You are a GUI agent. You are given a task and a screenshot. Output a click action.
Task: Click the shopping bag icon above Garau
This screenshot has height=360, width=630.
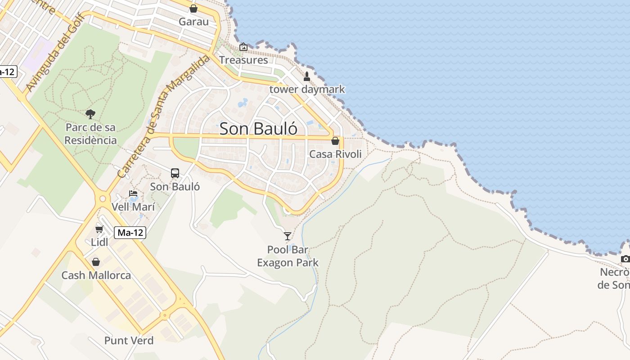193,9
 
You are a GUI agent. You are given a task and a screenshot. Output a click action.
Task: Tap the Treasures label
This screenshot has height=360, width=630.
243,60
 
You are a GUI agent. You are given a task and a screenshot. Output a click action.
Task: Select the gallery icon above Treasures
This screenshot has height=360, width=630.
243,47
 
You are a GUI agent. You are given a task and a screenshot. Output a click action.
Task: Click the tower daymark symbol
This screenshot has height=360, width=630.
307,76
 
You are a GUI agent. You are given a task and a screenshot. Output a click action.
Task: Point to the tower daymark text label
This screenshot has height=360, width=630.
307,89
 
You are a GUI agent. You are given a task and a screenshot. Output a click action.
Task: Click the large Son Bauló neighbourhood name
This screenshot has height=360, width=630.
258,129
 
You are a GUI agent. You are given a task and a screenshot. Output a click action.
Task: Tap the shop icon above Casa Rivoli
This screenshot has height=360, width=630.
335,141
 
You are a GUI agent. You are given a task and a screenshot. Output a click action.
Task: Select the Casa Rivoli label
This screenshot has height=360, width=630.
335,154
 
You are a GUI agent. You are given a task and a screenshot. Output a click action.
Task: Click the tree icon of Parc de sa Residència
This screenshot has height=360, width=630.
90,114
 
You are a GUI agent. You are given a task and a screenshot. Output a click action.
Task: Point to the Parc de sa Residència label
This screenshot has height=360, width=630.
90,134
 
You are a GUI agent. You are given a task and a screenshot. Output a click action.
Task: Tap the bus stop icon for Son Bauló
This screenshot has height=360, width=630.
175,173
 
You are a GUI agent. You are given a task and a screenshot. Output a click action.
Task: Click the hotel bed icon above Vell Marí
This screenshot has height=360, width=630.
133,194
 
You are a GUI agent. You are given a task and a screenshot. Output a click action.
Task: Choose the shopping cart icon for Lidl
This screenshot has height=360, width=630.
99,229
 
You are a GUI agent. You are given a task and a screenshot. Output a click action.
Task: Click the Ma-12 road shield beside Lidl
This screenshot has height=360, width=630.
130,233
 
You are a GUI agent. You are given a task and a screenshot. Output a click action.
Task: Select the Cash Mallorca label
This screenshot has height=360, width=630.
96,275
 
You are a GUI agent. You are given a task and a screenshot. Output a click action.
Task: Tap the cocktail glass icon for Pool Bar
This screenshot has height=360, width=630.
288,236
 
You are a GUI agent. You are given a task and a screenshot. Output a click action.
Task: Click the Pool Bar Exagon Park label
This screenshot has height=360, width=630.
288,256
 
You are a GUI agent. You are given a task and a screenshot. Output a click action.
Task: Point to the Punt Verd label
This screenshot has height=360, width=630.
129,341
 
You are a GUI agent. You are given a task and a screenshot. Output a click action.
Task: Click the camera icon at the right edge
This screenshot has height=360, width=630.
625,259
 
